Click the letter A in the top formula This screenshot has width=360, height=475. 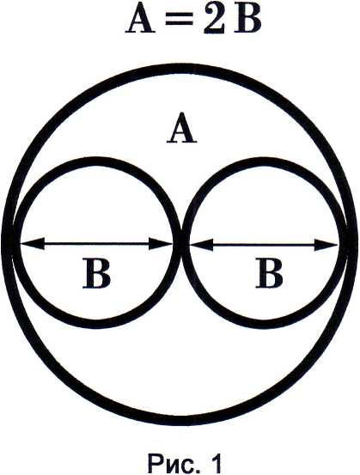[139, 20]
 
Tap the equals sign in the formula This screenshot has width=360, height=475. [178, 21]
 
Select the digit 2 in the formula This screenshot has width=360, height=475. [214, 20]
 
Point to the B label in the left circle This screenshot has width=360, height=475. [96, 272]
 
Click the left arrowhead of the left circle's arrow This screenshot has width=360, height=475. [32, 244]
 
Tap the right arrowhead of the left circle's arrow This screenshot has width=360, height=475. [161, 244]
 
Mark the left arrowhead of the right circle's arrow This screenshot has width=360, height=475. [201, 244]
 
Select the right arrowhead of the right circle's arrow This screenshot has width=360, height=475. [326, 244]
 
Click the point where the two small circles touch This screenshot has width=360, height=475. [181, 244]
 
